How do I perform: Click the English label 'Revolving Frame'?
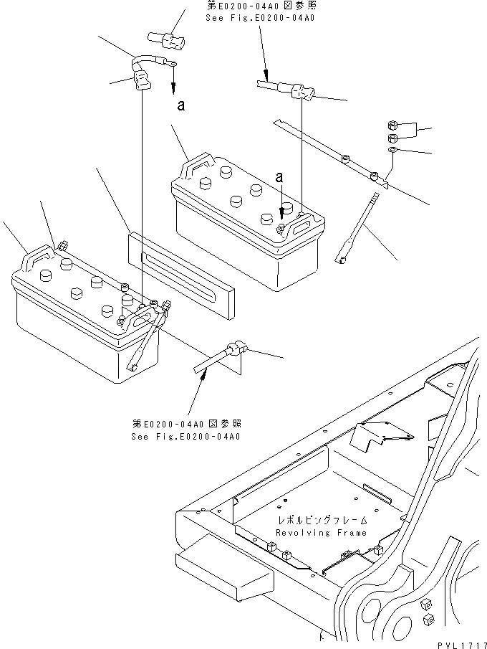click(x=321, y=533)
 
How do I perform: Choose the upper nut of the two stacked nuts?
click(x=393, y=124)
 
